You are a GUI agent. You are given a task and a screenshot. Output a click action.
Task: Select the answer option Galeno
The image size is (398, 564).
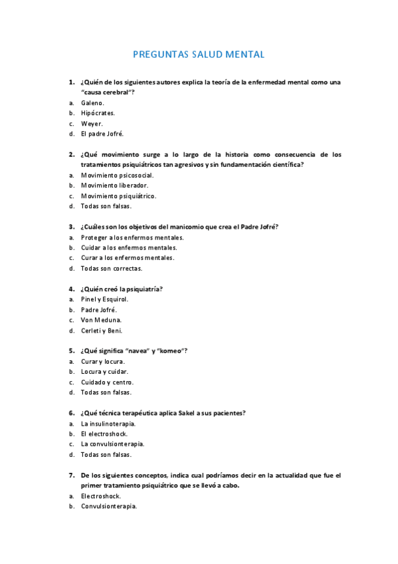point(92,103)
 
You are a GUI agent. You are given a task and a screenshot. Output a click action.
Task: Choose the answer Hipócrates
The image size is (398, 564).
point(98,113)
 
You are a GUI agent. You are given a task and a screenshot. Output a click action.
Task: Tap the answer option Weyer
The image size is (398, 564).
point(92,124)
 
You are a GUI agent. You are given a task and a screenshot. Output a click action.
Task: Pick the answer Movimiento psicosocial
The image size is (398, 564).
point(112,175)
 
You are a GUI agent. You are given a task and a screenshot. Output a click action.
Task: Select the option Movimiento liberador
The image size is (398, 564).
point(110,186)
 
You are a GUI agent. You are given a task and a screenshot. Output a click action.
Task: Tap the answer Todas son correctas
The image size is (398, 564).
point(112,268)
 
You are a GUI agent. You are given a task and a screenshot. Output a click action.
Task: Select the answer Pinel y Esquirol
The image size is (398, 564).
point(104,299)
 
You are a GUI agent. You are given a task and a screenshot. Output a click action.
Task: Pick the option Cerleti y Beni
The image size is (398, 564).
point(102,331)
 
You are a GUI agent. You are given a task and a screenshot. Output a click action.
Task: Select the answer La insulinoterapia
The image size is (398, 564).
point(108,423)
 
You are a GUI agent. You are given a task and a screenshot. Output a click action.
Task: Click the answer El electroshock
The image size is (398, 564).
point(104,434)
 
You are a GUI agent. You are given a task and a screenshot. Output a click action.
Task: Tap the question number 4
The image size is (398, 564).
point(71,289)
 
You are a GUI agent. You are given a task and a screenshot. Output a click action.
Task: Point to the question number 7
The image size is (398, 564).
point(71,475)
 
